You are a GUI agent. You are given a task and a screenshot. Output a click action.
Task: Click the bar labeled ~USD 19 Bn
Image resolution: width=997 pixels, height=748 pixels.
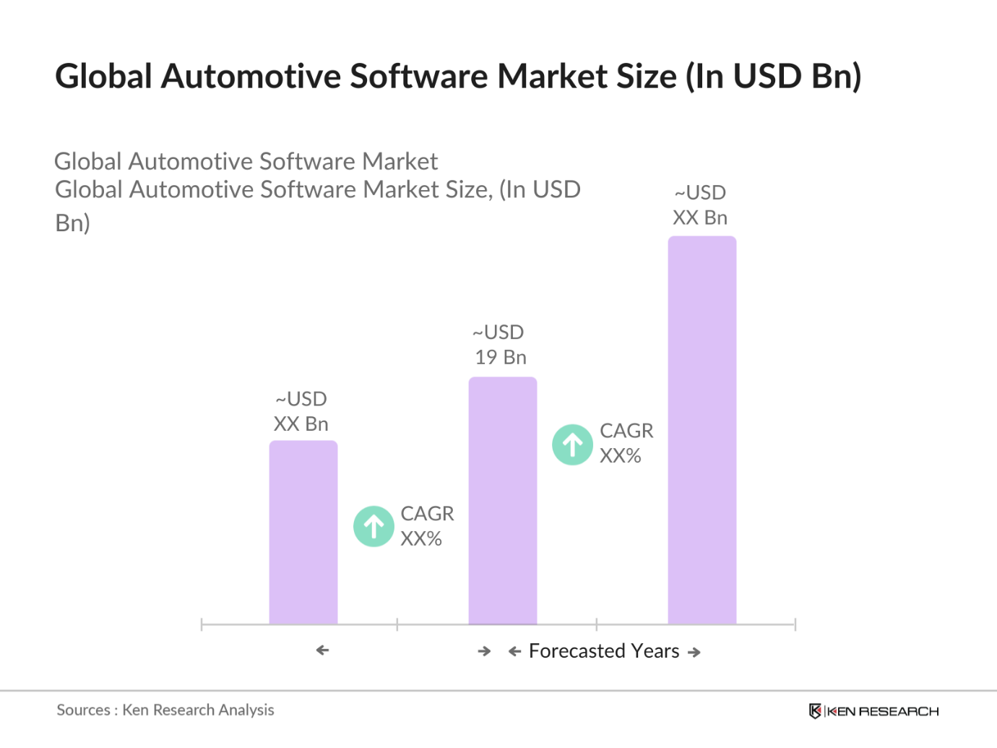coord(502,500)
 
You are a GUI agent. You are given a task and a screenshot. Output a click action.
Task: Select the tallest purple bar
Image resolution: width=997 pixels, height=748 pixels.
coord(702,430)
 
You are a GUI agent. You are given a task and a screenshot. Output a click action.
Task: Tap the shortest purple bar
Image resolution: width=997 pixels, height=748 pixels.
coord(303,533)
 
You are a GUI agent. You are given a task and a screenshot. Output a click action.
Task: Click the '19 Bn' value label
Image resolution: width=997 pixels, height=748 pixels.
coord(501,357)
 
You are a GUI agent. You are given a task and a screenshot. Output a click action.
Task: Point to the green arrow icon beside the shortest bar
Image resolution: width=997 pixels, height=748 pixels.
coord(374,526)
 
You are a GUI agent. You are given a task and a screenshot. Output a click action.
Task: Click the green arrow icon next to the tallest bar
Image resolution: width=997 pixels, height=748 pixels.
coord(572,444)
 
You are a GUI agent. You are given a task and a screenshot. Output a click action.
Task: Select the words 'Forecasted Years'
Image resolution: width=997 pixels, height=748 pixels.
coord(604,651)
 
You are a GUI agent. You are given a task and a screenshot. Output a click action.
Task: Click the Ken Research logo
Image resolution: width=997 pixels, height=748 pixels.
coord(873,711)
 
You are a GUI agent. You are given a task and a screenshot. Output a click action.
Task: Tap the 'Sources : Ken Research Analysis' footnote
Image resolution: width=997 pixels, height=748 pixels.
coord(165,710)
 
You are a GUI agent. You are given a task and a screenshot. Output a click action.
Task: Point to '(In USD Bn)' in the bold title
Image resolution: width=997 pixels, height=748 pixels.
coord(773,77)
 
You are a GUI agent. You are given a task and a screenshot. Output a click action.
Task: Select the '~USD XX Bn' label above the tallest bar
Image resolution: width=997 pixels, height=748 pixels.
coord(700,205)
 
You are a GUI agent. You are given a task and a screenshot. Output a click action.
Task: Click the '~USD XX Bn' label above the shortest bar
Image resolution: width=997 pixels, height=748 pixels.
coord(301,411)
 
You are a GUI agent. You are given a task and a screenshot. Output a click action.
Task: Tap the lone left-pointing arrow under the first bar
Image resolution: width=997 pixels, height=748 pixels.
coord(322,650)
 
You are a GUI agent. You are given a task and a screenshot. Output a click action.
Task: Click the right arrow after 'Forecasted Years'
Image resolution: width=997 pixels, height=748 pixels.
coord(694,652)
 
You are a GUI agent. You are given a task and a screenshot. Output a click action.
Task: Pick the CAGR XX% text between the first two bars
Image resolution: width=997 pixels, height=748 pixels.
coord(426,526)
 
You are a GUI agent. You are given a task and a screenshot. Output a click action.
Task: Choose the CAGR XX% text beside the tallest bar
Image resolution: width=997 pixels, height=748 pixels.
coord(626,443)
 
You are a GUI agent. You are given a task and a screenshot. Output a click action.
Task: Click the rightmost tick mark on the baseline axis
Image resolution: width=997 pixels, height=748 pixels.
coord(795,624)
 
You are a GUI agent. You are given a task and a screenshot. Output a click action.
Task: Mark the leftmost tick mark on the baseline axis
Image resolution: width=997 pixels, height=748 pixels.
coord(202,624)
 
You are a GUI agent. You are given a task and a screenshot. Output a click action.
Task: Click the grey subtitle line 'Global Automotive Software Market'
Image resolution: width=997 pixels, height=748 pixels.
coord(246,161)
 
